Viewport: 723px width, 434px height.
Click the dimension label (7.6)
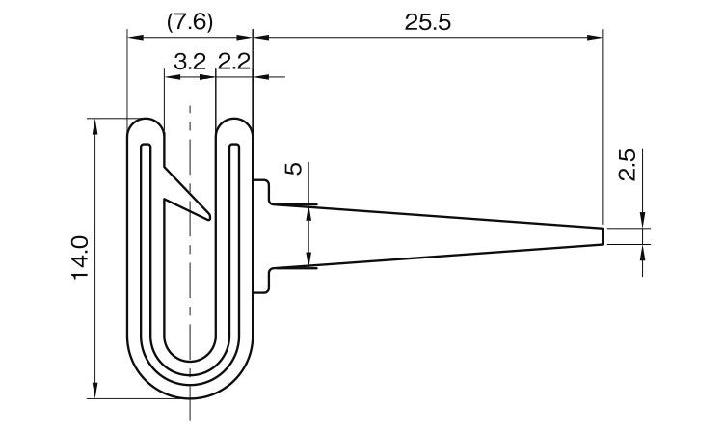pos(190,22)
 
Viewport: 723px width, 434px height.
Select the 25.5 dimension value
pos(427,22)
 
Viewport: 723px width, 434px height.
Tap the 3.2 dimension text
pos(190,62)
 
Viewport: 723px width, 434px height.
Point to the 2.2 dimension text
pos(234,62)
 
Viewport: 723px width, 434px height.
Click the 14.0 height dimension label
pos(80,258)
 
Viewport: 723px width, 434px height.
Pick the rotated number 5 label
pos(294,169)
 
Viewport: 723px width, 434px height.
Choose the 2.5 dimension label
pos(628,165)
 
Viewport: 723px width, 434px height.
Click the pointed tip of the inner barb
pos(210,217)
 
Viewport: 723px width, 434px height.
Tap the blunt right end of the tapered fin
pos(603,235)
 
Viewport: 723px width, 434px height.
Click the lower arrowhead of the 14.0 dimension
pos(95,391)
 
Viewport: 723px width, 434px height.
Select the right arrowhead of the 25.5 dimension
pos(596,38)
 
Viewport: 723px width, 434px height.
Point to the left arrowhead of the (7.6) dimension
pos(135,38)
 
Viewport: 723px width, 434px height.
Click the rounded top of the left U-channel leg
pos(146,120)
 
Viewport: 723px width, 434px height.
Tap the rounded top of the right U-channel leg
pos(234,120)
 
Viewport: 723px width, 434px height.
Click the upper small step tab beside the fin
pos(261,191)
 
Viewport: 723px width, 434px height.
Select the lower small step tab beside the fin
pos(261,281)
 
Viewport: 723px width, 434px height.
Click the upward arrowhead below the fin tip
pos(643,252)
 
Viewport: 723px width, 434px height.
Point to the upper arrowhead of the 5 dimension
pos(309,213)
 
